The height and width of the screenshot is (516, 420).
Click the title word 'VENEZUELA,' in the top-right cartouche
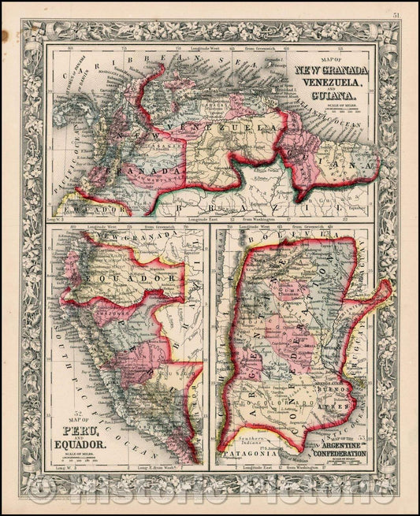point(329,82)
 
